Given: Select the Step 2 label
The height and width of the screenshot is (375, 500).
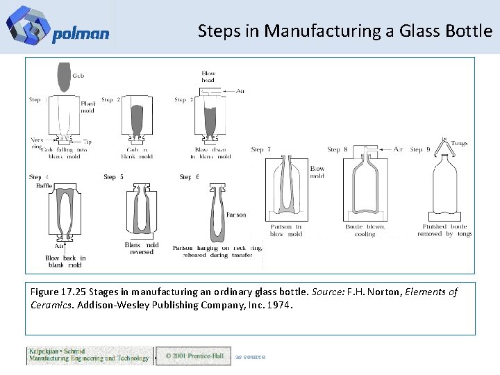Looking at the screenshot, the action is pyautogui.click(x=111, y=100).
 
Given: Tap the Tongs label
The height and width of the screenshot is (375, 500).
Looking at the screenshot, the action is pyautogui.click(x=459, y=144).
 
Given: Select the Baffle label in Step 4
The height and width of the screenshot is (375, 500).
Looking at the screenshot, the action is pyautogui.click(x=44, y=185).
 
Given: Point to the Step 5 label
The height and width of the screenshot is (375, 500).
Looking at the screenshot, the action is pyautogui.click(x=114, y=177).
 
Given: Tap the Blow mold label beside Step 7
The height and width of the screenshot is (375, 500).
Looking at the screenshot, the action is pyautogui.click(x=317, y=172).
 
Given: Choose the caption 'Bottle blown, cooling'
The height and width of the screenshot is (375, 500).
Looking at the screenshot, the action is pyautogui.click(x=365, y=230).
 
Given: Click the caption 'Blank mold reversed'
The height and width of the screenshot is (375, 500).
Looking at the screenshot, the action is pyautogui.click(x=142, y=248).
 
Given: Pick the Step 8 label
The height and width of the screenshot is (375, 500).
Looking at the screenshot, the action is pyautogui.click(x=337, y=149).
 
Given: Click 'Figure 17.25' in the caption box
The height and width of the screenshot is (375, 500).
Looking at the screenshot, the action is pyautogui.click(x=58, y=292).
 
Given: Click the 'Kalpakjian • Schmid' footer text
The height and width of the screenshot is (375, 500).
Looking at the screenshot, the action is pyautogui.click(x=57, y=351).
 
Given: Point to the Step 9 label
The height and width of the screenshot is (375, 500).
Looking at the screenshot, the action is pyautogui.click(x=421, y=149).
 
